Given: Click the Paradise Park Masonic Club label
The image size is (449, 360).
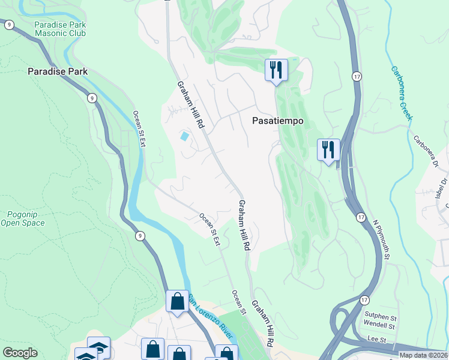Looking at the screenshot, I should (60, 29).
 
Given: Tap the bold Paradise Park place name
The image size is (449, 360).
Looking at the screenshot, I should (58, 71).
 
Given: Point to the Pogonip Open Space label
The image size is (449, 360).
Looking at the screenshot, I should (26, 218).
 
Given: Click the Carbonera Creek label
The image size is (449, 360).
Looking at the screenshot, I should (402, 92).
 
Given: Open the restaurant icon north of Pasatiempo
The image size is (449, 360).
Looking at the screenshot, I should (276, 70).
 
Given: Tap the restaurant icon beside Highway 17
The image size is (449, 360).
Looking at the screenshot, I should (328, 149).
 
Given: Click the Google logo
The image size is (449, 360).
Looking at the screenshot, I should (20, 353).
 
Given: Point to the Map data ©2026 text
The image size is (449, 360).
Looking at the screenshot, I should (424, 355).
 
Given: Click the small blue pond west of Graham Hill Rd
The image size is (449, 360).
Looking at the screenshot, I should (184, 136).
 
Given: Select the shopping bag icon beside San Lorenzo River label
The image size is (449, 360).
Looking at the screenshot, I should (178, 301).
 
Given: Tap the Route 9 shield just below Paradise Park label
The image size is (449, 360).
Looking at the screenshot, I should (92, 98).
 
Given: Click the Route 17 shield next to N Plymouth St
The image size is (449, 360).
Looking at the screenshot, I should (360, 217).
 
